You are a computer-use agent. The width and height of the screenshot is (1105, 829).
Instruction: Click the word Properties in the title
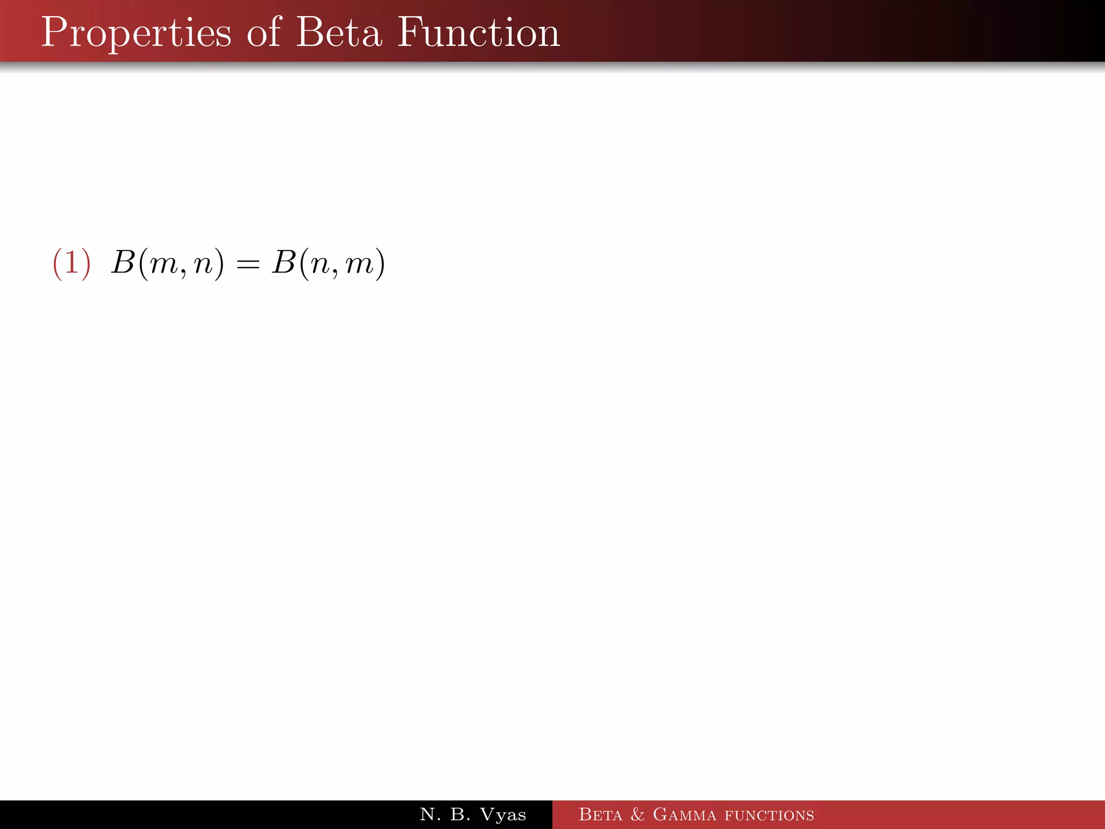136,33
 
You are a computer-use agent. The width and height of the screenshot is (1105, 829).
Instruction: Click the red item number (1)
71,264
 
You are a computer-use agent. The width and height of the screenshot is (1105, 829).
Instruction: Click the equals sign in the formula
248,264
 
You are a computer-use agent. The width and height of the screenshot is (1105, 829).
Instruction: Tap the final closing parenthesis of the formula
380,264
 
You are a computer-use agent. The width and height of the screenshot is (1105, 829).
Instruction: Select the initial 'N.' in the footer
430,814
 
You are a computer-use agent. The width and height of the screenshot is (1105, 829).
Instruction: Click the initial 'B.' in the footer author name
460,814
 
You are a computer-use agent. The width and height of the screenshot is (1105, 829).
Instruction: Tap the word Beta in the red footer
600,814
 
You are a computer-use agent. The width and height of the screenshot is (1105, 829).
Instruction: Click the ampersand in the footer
637,814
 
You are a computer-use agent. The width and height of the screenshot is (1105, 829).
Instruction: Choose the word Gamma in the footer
684,814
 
